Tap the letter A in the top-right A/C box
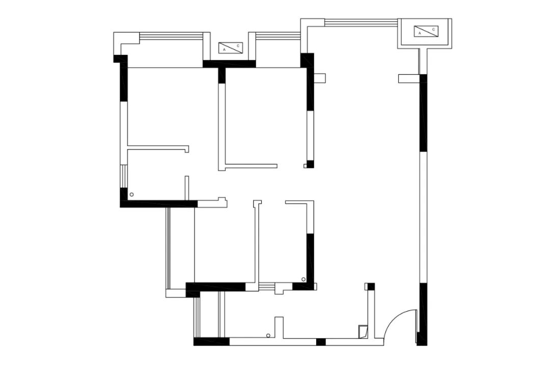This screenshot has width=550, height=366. click(x=419, y=33)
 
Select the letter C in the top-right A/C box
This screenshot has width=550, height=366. click(x=433, y=30)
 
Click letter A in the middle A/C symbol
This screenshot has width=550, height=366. click(x=224, y=50)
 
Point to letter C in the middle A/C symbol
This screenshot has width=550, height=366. click(x=238, y=46)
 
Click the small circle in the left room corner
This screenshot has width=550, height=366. click(x=132, y=194)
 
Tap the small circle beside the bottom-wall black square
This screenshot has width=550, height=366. click(x=268, y=335)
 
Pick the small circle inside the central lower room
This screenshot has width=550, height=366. click(x=304, y=279)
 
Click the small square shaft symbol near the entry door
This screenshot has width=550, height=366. click(x=363, y=331)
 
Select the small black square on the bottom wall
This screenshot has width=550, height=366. click(x=321, y=342)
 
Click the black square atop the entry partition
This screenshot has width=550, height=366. click(x=371, y=287)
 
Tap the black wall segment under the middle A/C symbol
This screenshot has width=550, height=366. click(x=229, y=64)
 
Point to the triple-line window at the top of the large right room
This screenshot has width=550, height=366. click(x=361, y=22)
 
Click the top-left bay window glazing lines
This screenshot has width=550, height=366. click(x=171, y=36)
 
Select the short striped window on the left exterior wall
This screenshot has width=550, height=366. click(x=124, y=176)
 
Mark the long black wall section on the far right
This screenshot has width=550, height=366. click(x=423, y=113)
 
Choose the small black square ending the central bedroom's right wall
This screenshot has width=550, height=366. click(x=310, y=164)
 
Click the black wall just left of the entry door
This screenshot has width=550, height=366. click(x=422, y=314)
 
